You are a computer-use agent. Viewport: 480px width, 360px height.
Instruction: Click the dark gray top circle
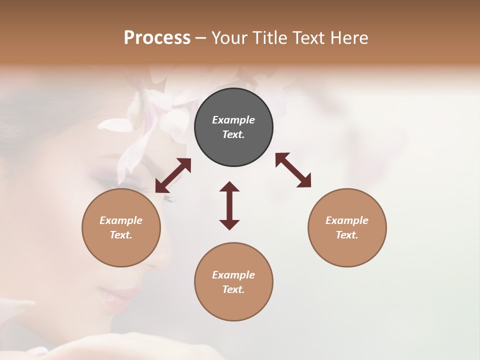click(x=233, y=127)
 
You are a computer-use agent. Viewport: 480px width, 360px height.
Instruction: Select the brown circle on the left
click(x=121, y=227)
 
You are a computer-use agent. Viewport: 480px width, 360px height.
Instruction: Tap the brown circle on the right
click(x=347, y=227)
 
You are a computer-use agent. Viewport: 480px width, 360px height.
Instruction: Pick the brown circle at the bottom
click(x=233, y=282)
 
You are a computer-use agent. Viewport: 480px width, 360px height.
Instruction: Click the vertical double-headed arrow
click(x=229, y=205)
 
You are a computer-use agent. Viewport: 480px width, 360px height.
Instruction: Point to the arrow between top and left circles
click(x=173, y=175)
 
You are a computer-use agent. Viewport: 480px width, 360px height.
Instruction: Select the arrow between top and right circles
click(x=293, y=170)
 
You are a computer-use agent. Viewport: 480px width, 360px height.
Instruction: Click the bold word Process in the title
click(x=157, y=37)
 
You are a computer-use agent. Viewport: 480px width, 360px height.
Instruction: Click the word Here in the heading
click(x=349, y=37)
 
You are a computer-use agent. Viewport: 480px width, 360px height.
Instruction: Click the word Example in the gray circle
click(x=233, y=120)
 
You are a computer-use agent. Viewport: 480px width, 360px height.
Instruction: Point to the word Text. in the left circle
click(x=121, y=235)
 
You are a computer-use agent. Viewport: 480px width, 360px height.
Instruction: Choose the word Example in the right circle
click(x=347, y=220)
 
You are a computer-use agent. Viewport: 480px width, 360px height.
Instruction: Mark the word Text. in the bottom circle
click(x=233, y=289)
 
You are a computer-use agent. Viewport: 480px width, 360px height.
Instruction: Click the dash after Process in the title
click(x=200, y=38)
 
